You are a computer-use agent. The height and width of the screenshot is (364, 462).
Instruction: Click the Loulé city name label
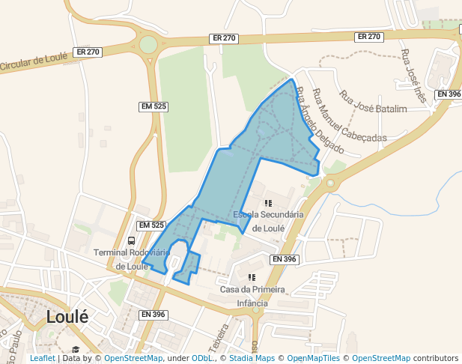click(x=67, y=317)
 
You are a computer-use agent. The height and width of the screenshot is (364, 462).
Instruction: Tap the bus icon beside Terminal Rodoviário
click(x=132, y=241)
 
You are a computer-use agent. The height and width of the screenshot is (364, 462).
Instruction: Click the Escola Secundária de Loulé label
click(x=268, y=222)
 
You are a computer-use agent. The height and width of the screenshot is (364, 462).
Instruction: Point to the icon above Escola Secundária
click(x=268, y=203)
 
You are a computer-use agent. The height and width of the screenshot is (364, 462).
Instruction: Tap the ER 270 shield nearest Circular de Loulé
click(x=88, y=52)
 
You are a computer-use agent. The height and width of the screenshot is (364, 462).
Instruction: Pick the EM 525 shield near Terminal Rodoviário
click(x=151, y=225)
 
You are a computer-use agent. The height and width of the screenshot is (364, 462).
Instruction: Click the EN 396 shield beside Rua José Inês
click(x=449, y=94)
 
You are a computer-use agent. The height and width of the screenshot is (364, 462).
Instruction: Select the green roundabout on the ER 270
click(x=148, y=44)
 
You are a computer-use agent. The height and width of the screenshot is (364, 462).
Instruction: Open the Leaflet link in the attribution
click(x=42, y=358)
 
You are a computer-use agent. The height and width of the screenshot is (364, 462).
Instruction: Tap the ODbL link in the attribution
click(x=201, y=358)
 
